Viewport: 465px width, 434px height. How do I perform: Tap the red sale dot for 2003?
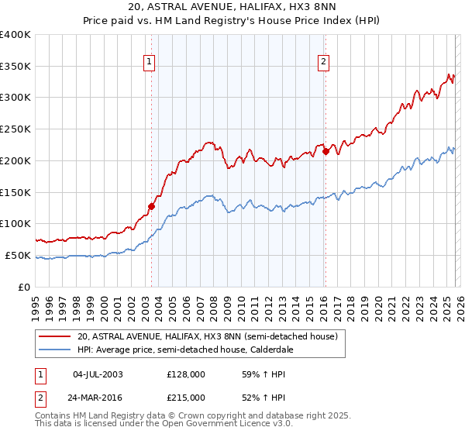click(x=152, y=206)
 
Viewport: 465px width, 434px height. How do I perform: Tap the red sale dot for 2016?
click(x=325, y=151)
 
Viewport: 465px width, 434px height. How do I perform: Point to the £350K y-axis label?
click(x=15, y=67)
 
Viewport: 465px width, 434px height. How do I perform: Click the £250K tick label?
click(x=15, y=129)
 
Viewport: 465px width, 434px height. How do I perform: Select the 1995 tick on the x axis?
click(x=36, y=302)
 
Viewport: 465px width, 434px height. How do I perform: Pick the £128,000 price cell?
click(x=186, y=374)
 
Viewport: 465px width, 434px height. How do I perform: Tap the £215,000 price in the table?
click(x=186, y=397)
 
